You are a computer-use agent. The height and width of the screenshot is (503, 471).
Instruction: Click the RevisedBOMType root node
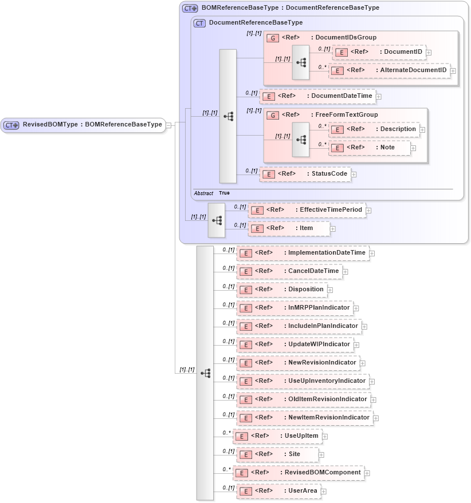point(83,125)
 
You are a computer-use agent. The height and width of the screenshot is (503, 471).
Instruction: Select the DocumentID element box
point(379,53)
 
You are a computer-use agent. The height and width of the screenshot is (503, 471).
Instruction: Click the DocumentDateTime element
point(317,96)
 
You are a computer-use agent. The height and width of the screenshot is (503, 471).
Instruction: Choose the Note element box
point(370,148)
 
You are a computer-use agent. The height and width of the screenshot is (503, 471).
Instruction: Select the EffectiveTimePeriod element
point(307,210)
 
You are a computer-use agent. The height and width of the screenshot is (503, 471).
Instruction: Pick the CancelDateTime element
point(289,271)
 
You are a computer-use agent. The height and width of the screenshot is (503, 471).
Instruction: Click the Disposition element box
point(282,290)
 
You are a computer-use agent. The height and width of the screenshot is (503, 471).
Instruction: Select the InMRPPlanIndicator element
point(295,308)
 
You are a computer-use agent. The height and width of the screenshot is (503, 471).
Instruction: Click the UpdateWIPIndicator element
point(295,344)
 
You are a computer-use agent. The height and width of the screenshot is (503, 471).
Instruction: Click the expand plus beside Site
point(321,455)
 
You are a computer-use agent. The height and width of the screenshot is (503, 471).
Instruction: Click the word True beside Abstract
point(224,193)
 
